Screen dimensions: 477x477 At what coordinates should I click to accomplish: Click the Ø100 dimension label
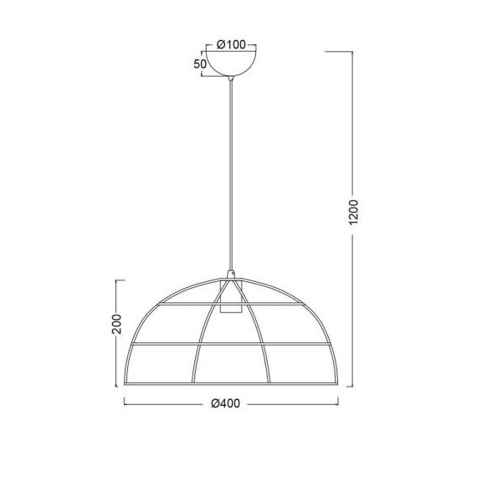[231, 44]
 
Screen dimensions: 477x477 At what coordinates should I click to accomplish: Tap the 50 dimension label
[200, 64]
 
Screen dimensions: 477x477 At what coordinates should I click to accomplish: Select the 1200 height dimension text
[353, 213]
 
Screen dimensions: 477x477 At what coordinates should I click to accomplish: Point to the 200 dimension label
[116, 324]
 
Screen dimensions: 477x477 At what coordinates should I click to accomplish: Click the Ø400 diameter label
[225, 403]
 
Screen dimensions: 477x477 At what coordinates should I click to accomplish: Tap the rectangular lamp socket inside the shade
[231, 296]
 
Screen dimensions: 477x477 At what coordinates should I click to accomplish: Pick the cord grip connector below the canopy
[231, 79]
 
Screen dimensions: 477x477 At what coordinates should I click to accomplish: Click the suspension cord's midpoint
[231, 176]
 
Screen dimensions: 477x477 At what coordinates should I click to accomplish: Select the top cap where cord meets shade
[232, 274]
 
